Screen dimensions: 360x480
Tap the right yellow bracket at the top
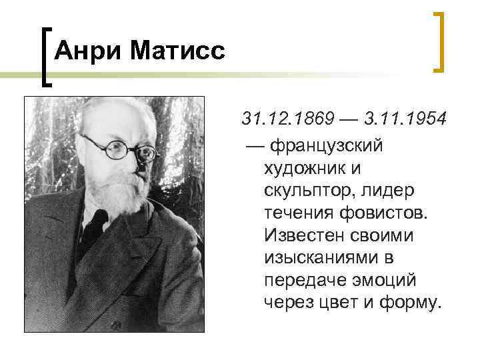click(439, 41)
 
